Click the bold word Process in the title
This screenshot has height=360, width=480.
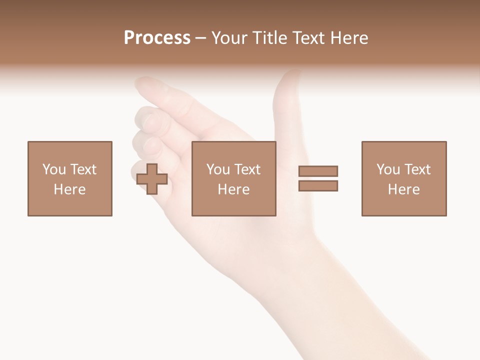157,38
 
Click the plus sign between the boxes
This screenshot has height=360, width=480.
152,179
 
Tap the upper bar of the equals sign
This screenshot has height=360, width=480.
318,171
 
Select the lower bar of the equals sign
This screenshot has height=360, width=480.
318,185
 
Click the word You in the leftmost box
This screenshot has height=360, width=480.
53,169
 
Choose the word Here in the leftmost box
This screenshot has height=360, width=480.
69,189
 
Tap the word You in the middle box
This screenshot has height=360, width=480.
217,169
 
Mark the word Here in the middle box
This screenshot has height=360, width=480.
233,189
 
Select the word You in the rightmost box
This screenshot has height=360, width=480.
387,169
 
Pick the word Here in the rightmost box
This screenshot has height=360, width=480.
403,189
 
